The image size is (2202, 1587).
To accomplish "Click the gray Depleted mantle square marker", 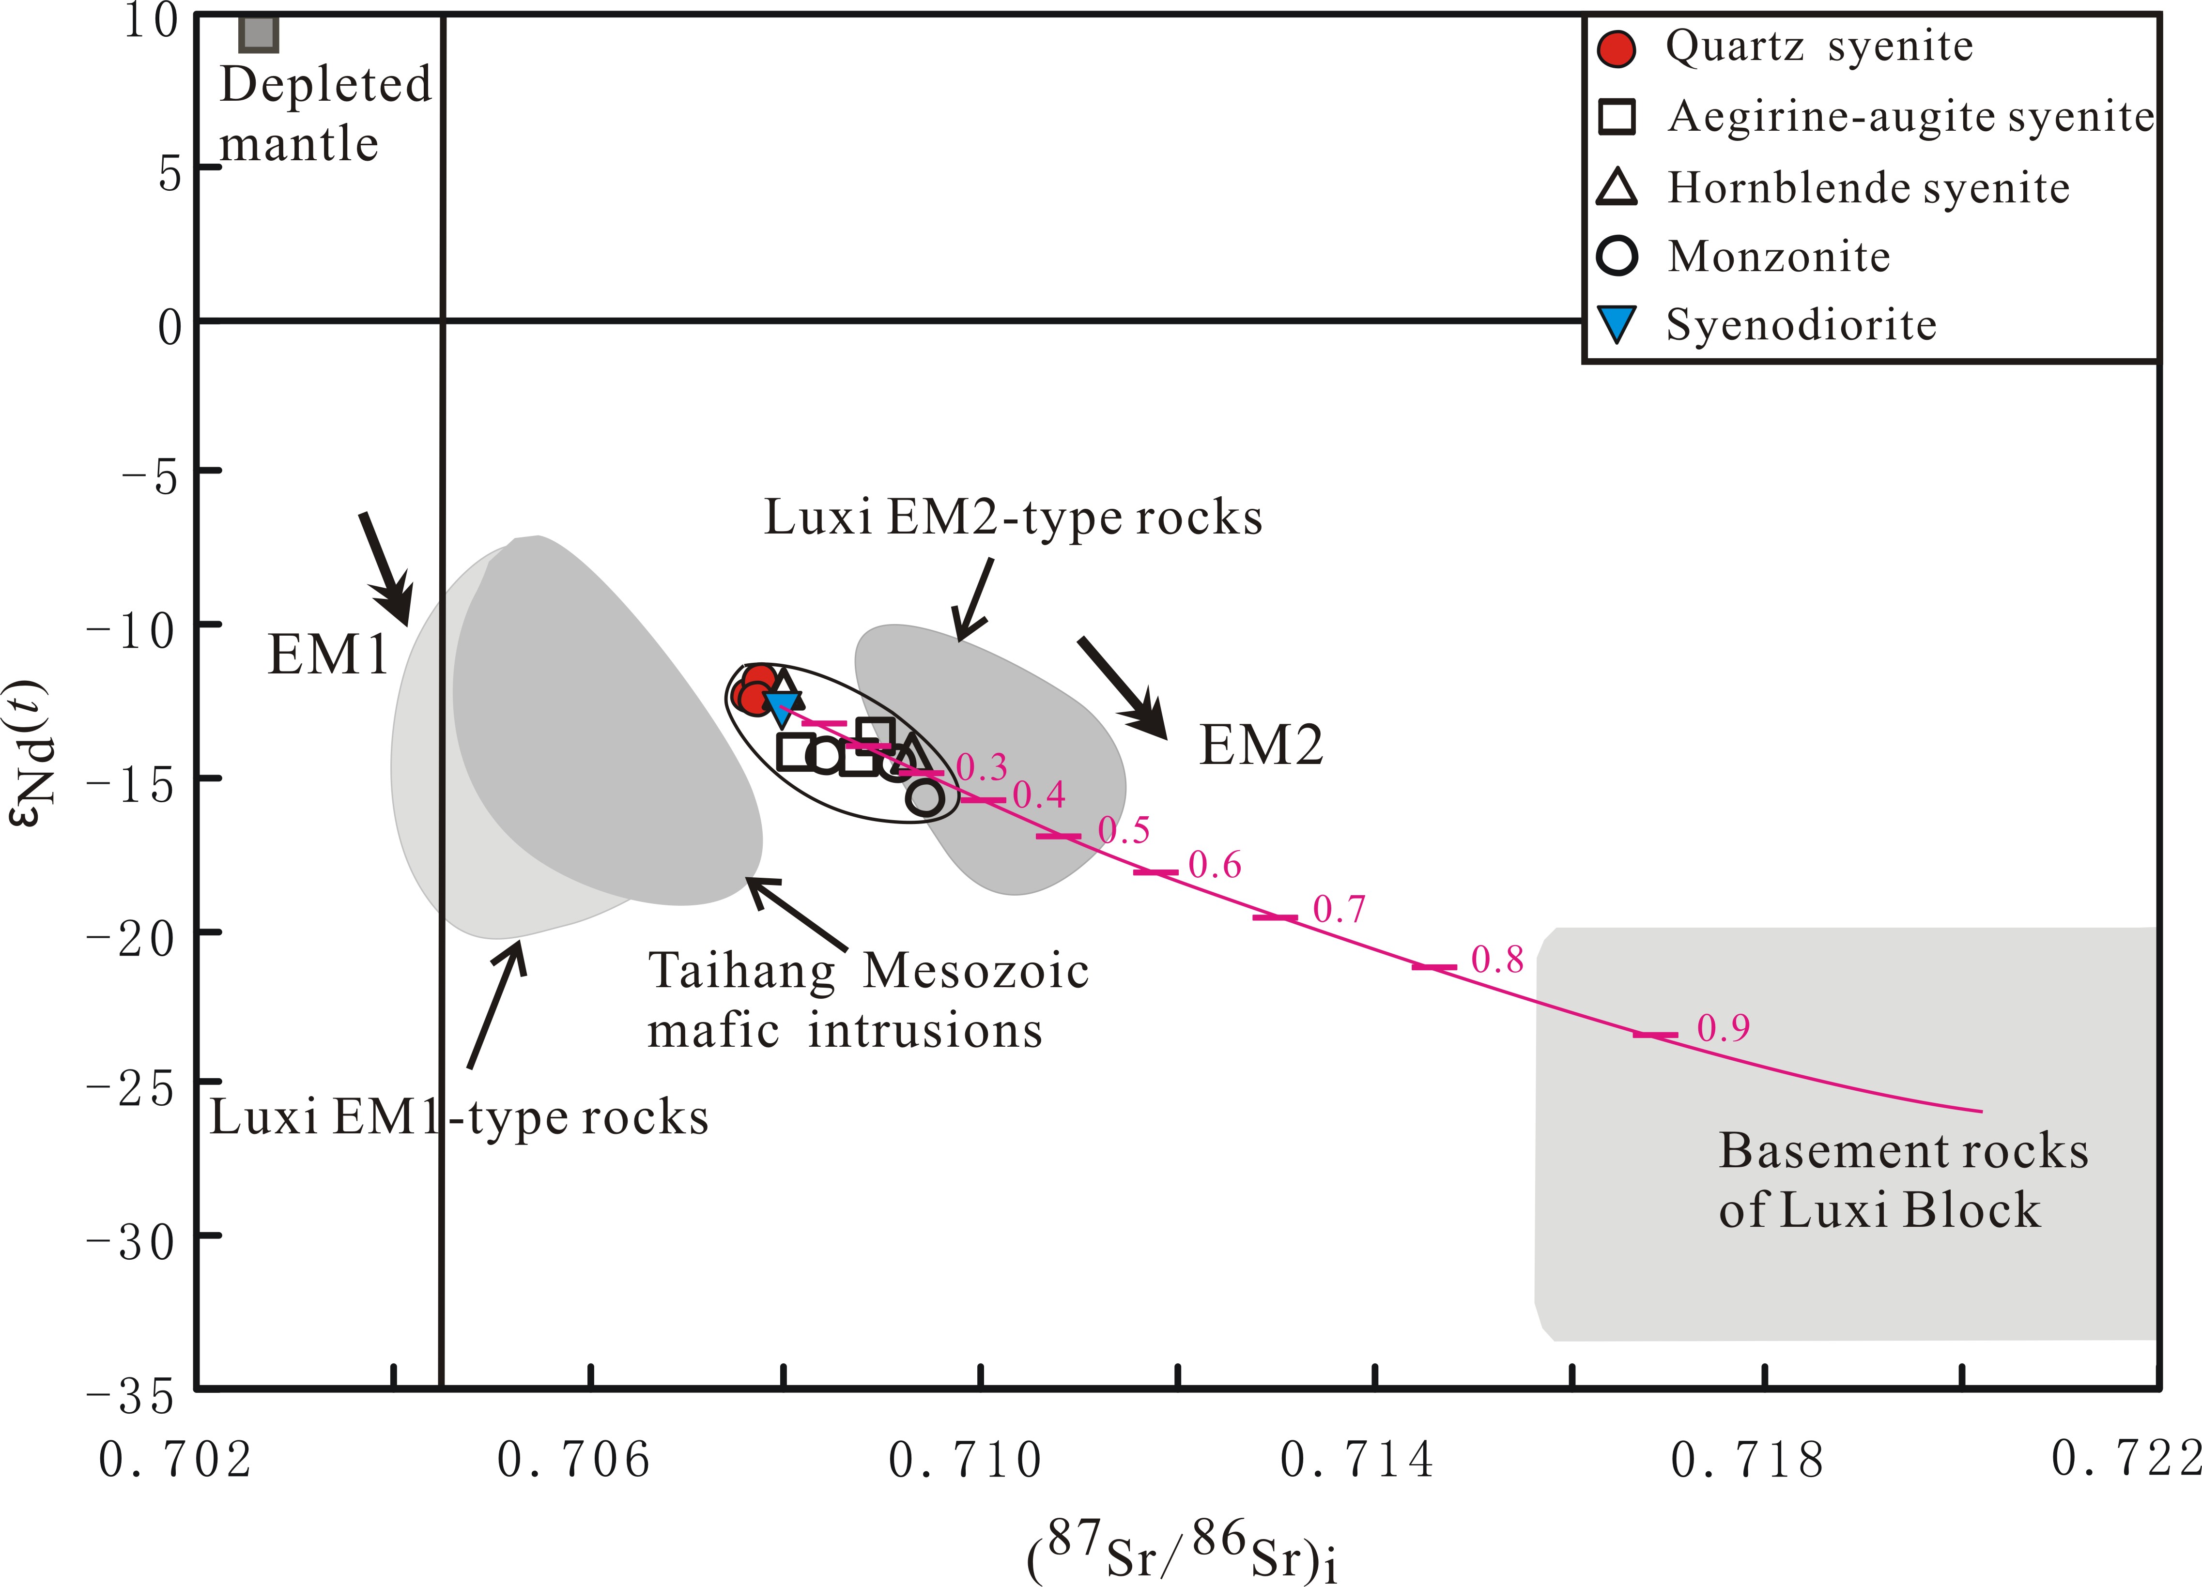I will click(x=259, y=34).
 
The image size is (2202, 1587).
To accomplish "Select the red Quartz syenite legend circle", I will click(x=1617, y=47).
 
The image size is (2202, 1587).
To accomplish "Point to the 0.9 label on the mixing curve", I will click(x=1724, y=1028).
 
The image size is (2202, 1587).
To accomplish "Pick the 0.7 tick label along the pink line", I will click(x=1339, y=910).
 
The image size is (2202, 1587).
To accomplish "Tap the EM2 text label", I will click(x=1261, y=746).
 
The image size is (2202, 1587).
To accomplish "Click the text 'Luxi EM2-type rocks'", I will click(x=1013, y=518).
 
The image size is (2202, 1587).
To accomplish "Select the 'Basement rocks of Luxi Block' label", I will click(x=1903, y=1180).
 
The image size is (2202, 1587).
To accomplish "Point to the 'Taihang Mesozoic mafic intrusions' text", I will click(x=867, y=1000).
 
